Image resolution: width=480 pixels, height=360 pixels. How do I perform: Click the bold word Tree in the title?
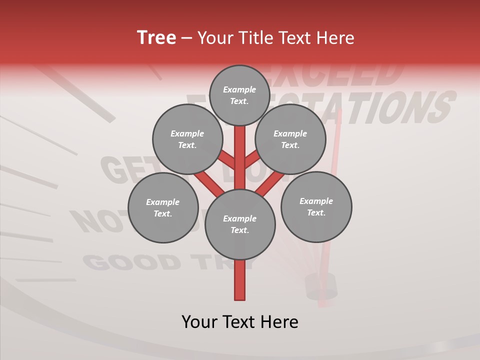156,37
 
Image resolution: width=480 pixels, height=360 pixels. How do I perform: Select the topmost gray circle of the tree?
239,95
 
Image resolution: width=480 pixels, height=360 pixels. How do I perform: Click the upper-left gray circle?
187,139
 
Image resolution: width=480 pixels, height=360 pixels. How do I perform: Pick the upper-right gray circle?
290,139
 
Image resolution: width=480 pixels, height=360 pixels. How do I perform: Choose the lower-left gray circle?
163,207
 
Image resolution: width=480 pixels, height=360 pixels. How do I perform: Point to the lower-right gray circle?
316,206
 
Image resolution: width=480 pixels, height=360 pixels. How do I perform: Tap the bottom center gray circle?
240,224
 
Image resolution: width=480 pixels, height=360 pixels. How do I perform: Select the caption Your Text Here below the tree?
240,321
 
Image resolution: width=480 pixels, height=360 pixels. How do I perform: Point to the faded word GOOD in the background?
131,261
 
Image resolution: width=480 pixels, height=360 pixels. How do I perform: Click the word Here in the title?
334,38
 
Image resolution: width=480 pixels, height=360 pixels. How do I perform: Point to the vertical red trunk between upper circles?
240,150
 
